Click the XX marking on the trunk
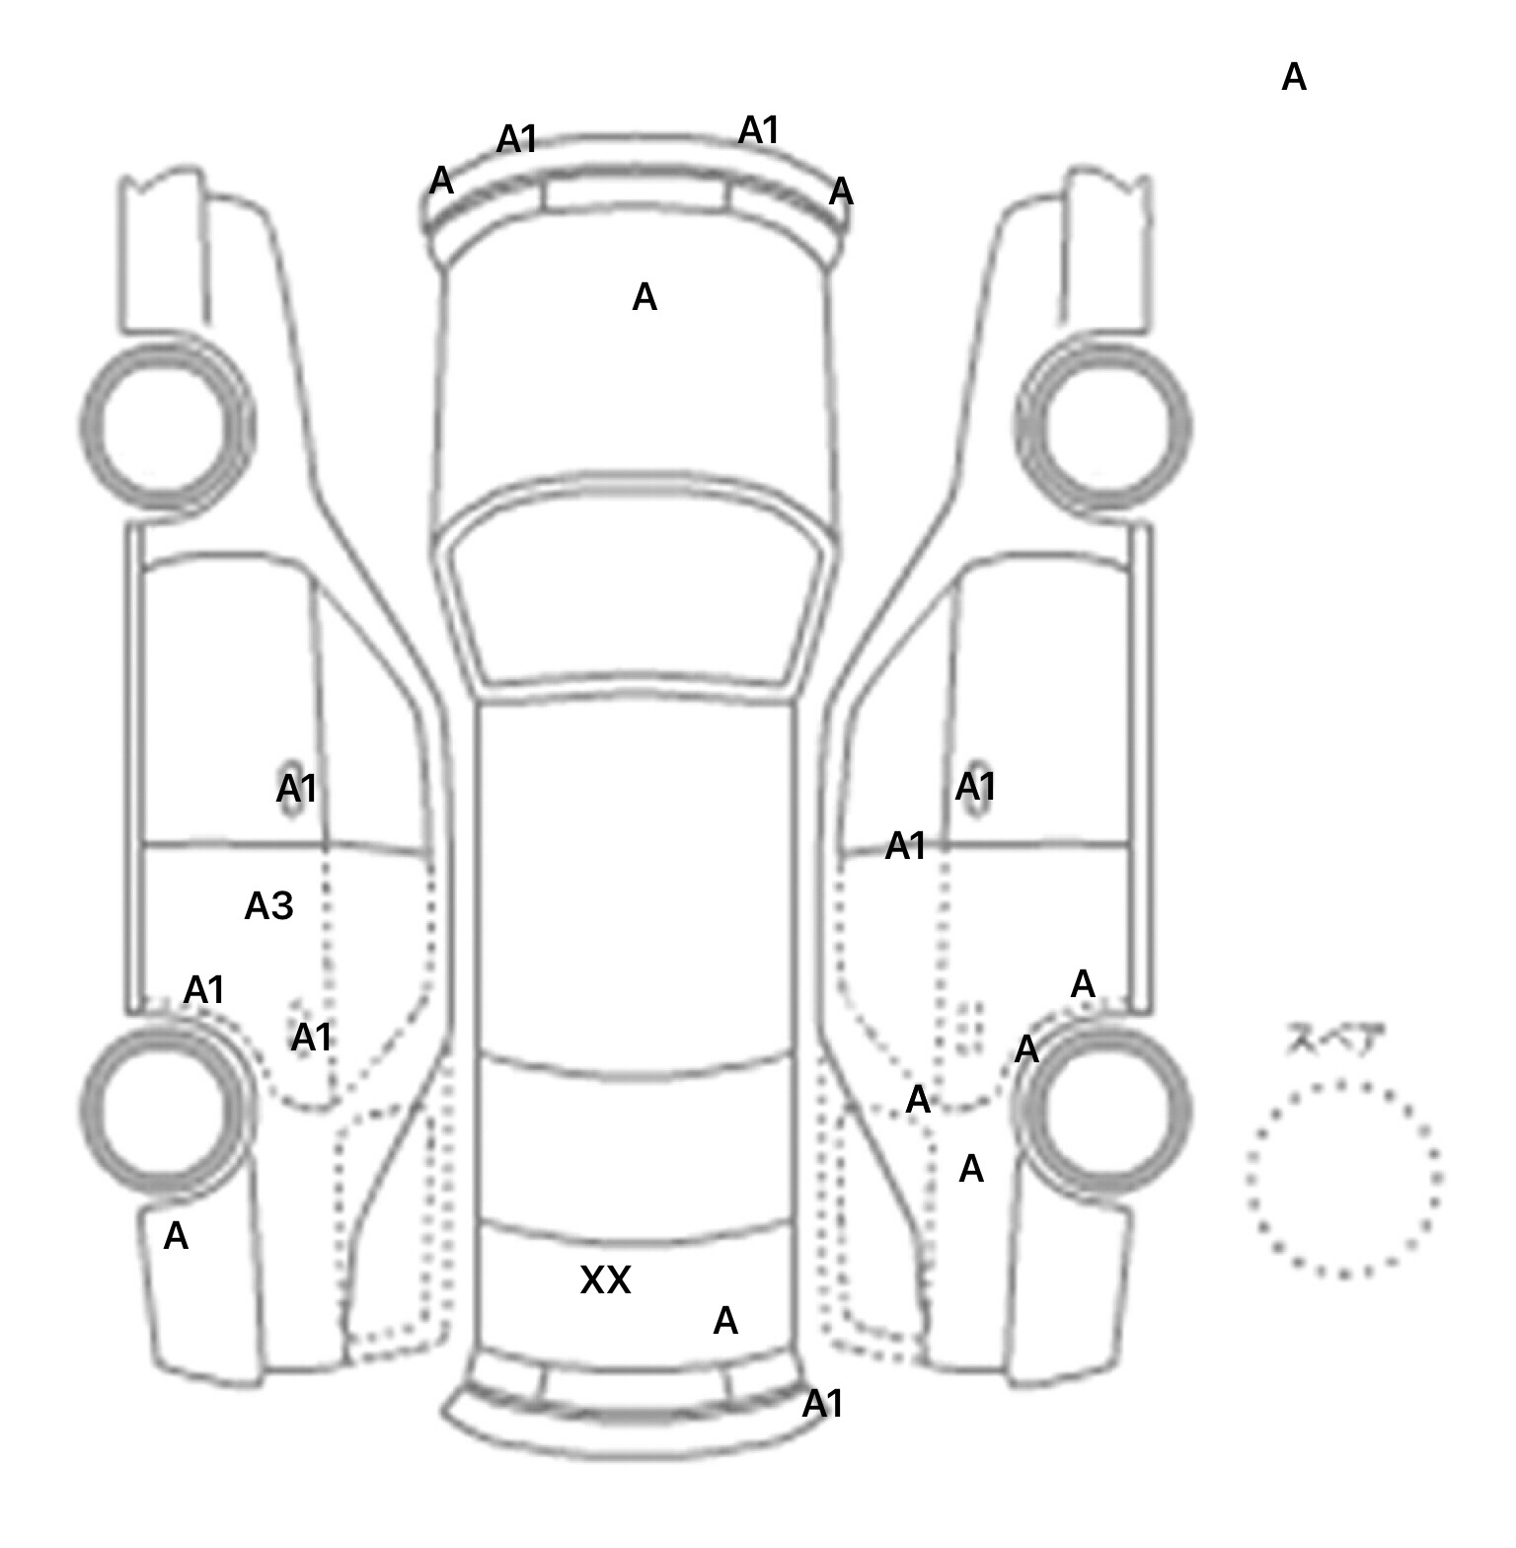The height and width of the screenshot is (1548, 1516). click(x=605, y=1280)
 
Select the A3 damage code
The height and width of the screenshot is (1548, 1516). click(x=268, y=905)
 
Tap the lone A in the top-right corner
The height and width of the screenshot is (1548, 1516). click(x=1293, y=77)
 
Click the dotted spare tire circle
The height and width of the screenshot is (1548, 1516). click(x=1343, y=1179)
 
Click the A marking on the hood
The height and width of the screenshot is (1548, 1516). click(x=644, y=297)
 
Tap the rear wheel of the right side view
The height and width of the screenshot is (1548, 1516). click(x=1103, y=1108)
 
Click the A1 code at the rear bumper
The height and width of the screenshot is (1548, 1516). click(x=822, y=1403)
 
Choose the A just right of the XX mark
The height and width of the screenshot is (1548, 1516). click(x=725, y=1320)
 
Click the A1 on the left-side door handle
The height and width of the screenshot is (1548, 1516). click(x=296, y=789)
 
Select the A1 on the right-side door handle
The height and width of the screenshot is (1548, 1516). click(x=975, y=787)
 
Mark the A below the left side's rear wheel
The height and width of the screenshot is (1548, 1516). click(x=176, y=1236)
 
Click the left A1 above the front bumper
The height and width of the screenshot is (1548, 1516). click(x=516, y=139)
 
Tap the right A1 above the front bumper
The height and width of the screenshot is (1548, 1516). click(x=759, y=129)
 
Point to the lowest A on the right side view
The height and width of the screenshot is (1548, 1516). click(x=971, y=1169)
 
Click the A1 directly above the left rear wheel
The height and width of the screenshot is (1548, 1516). click(x=204, y=989)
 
